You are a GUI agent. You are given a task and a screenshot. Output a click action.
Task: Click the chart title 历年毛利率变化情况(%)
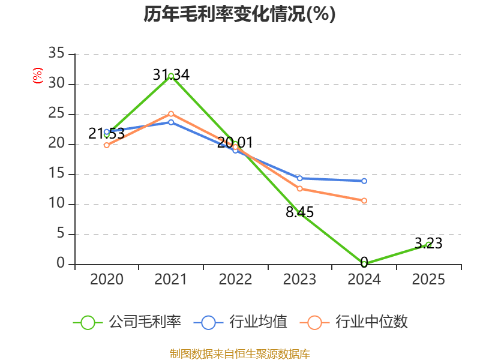click(239, 14)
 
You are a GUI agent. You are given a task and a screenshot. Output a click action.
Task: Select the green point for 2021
click(171, 76)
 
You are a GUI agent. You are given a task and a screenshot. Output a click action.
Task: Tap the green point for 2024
click(364, 263)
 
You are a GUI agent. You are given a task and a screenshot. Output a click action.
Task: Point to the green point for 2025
click(428, 244)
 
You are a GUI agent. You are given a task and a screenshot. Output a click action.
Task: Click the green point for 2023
click(300, 213)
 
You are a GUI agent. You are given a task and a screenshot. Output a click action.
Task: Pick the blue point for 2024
click(364, 181)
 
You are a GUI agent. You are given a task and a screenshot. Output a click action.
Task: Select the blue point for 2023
click(300, 178)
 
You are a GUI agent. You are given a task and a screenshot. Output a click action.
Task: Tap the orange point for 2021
click(171, 113)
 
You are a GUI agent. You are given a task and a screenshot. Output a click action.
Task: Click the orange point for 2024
click(364, 200)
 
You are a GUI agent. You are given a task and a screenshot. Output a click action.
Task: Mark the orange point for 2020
click(107, 145)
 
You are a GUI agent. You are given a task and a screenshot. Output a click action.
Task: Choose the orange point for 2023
click(300, 188)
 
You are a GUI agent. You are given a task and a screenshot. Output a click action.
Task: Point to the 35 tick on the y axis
click(56, 54)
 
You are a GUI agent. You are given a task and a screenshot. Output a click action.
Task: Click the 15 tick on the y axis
click(56, 174)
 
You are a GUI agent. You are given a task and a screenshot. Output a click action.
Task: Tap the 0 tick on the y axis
click(61, 264)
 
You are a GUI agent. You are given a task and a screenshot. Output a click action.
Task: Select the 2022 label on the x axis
click(235, 280)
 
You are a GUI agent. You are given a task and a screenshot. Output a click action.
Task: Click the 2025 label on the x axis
click(428, 280)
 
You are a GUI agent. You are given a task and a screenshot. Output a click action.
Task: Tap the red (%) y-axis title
click(38, 76)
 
